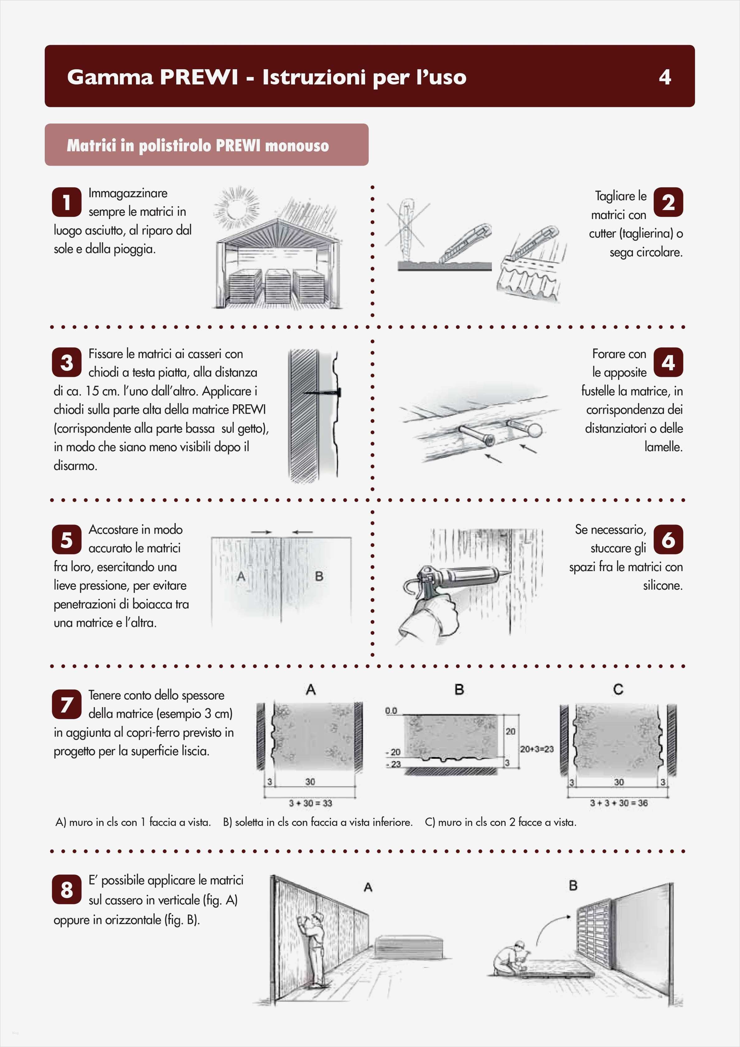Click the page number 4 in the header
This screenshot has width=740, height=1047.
[665, 77]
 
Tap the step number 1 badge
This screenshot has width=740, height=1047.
[67, 202]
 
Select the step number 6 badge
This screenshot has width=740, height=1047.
[668, 539]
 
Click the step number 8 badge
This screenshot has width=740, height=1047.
[67, 889]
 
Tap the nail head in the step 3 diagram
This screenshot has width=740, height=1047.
[339, 392]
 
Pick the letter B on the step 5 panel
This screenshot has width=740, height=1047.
[319, 576]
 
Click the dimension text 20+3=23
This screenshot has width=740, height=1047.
[537, 749]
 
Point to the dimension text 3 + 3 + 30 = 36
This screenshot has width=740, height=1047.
[619, 803]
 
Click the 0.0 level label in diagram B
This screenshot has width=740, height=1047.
[391, 711]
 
